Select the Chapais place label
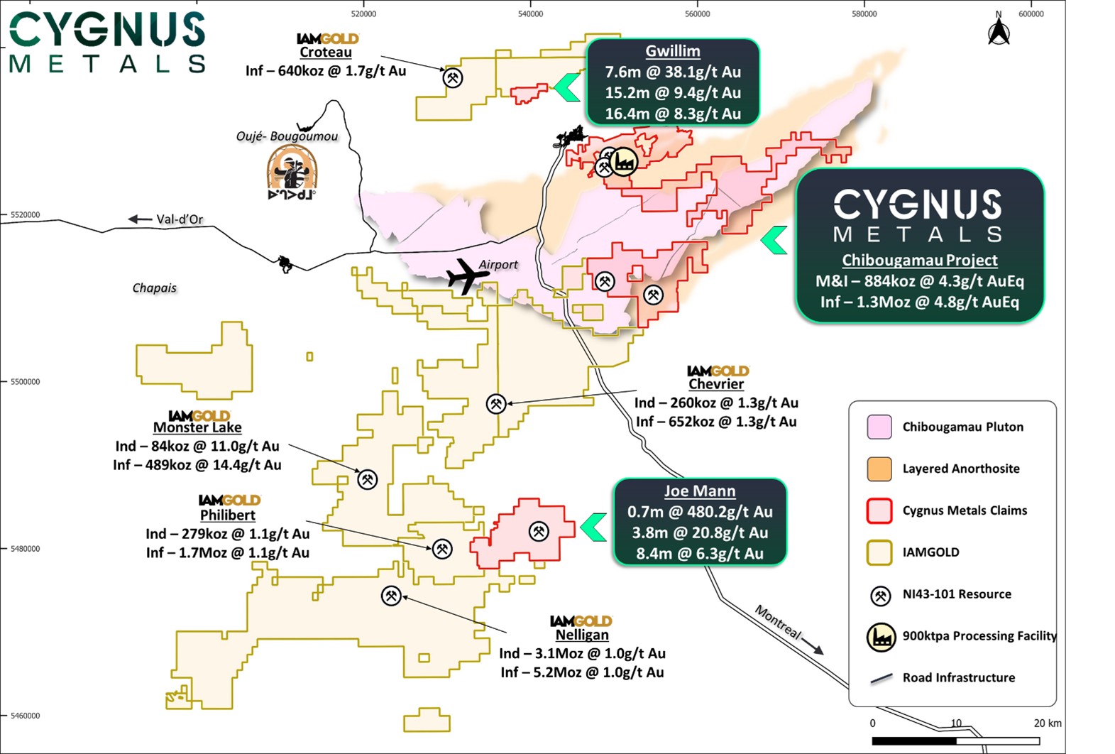tap(154, 288)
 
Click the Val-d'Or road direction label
tap(180, 219)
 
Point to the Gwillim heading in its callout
tap(672, 51)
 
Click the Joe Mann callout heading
tap(699, 491)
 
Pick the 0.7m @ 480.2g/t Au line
tap(699, 512)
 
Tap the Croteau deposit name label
tap(325, 53)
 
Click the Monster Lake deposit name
tap(197, 427)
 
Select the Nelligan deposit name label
tap(581, 635)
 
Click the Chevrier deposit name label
tap(716, 384)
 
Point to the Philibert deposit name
tap(227, 515)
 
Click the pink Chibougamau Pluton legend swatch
tap(879, 427)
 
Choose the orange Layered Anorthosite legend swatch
tap(879, 469)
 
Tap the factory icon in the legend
tap(881, 637)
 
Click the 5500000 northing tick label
tap(25, 382)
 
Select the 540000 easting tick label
tap(530, 13)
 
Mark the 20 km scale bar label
tap(1047, 723)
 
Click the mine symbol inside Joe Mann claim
tap(539, 530)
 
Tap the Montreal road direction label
tap(778, 622)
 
